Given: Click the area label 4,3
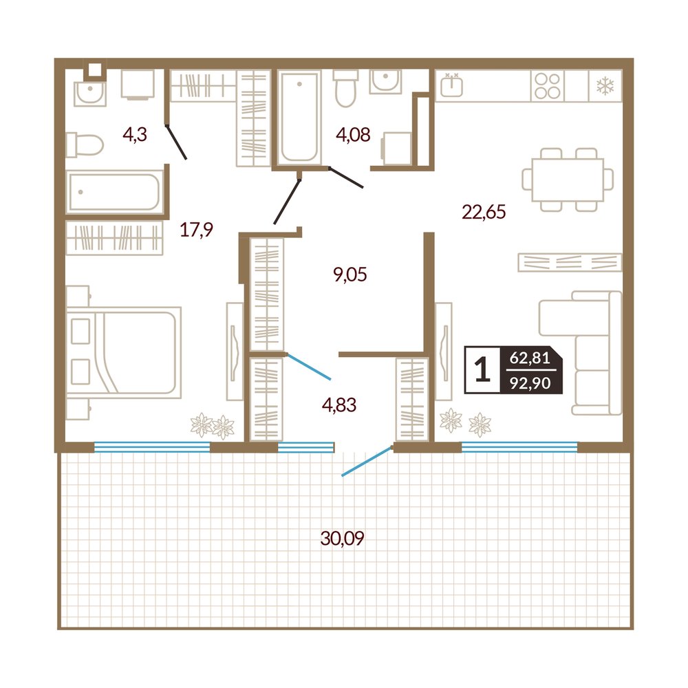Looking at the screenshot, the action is click(x=135, y=135).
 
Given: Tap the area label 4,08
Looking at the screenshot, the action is click(x=353, y=135).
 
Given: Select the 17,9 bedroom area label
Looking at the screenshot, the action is click(x=197, y=229).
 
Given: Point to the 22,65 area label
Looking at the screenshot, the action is click(x=484, y=212).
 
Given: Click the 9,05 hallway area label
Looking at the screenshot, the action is click(x=350, y=275).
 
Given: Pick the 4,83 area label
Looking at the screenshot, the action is click(x=339, y=405).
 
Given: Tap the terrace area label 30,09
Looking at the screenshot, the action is click(x=342, y=538).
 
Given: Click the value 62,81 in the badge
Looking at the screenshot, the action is click(x=530, y=358).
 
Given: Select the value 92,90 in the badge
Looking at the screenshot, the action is click(x=530, y=383).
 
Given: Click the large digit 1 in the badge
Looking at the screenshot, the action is click(x=482, y=369).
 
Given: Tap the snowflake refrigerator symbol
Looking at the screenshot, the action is click(x=605, y=85).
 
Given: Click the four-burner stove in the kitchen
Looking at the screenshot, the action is click(x=548, y=85).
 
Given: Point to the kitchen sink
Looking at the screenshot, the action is click(x=451, y=85).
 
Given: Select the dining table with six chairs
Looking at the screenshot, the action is click(x=568, y=180).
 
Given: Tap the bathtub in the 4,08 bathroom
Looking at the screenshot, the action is click(x=299, y=118).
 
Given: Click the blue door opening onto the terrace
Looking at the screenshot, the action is click(x=367, y=461).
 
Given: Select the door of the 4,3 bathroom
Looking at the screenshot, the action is click(x=176, y=142).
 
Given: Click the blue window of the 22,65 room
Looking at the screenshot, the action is click(x=519, y=447).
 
